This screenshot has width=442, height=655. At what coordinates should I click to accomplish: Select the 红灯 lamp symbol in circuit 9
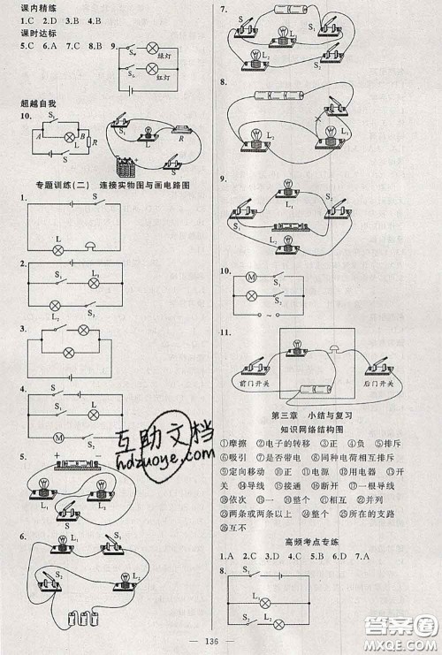click(x=152, y=74)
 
